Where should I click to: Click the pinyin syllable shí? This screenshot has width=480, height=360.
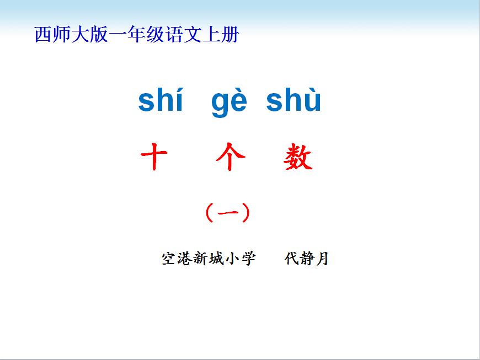point(161,99)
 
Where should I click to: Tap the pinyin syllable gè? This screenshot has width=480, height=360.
point(229,101)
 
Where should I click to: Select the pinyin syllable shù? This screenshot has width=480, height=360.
point(294,99)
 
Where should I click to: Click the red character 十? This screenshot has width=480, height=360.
point(154,157)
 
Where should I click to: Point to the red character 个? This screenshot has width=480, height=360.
point(231,157)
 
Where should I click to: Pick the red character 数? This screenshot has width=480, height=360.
point(298,157)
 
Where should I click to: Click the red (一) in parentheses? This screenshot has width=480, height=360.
point(228,212)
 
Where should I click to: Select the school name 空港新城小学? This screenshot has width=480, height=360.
point(209,259)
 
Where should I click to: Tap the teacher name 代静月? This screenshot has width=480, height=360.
point(306,259)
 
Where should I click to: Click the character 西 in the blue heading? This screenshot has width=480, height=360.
point(42,34)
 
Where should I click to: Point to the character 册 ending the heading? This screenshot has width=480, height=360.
point(230,34)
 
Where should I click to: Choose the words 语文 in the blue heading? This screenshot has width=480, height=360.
point(183,34)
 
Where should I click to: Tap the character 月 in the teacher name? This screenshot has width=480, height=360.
point(322,259)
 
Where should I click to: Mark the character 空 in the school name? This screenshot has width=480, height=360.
point(169,259)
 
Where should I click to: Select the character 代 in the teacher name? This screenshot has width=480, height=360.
point(291,259)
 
